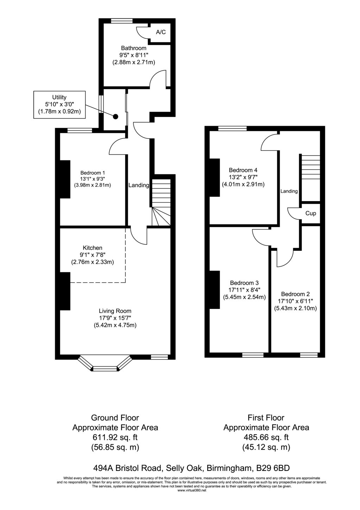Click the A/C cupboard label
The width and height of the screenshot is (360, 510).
160,32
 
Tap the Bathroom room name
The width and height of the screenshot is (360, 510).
134,48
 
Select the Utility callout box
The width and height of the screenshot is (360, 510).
59,105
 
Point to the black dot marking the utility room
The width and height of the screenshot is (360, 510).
115,116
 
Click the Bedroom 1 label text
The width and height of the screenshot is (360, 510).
93,173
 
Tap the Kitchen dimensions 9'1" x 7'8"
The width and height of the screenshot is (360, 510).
92,255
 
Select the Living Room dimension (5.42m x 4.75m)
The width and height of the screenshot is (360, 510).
115,325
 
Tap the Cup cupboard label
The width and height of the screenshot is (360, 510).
310,213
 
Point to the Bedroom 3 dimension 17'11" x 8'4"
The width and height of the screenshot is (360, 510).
244,290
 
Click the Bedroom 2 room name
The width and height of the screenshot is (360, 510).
295,294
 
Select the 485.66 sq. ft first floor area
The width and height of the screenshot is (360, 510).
266,437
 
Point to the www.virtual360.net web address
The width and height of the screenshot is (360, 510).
192,490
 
